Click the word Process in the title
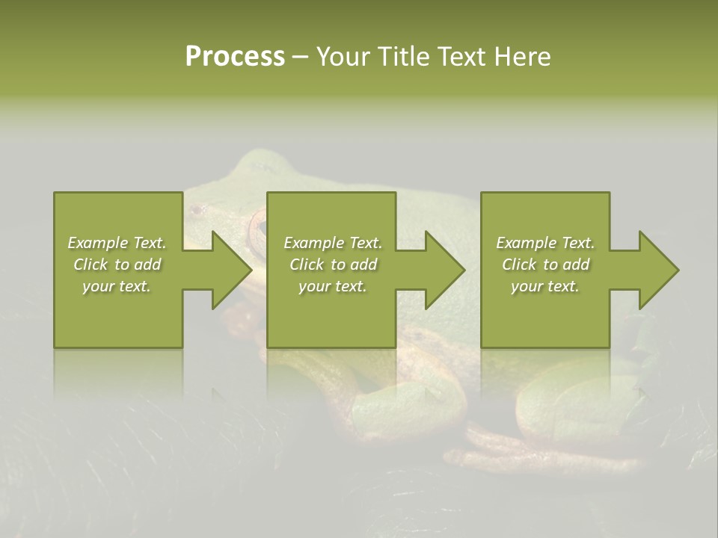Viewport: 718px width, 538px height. (235, 57)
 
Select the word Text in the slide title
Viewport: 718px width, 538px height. (462, 57)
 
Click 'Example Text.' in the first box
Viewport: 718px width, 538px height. (117, 243)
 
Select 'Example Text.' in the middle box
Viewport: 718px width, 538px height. (333, 243)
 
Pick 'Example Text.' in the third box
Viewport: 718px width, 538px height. (545, 243)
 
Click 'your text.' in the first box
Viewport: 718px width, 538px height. (117, 287)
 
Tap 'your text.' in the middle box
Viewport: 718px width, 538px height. (333, 287)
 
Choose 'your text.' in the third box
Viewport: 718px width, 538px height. (545, 287)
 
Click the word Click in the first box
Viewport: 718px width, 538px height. (90, 265)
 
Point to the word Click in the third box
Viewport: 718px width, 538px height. (519, 265)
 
